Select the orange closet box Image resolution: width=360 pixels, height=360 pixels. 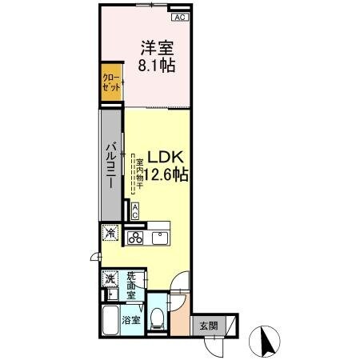pyautogui.click(x=111, y=85)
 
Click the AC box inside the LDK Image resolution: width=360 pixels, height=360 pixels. pyautogui.click(x=134, y=211)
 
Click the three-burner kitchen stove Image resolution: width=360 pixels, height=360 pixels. pyautogui.click(x=135, y=238)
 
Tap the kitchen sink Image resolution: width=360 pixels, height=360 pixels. pyautogui.click(x=159, y=238)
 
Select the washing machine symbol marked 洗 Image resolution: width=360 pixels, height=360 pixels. pyautogui.click(x=109, y=280)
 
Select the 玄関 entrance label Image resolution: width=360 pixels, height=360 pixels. pyautogui.click(x=208, y=326)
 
